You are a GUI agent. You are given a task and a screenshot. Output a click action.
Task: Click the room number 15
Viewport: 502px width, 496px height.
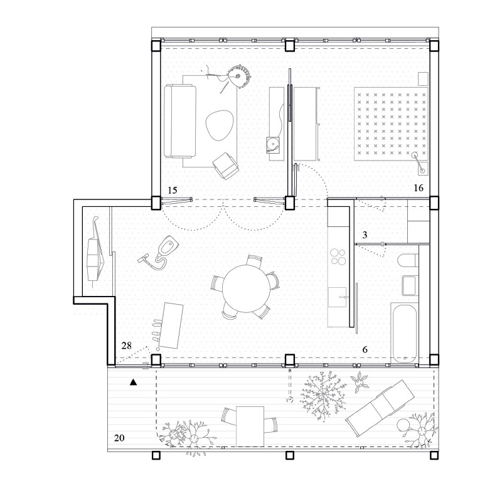(172, 191)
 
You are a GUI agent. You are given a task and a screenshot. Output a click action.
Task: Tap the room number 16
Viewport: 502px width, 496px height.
(419, 188)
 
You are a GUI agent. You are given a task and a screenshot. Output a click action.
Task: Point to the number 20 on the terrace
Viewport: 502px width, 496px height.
(119, 438)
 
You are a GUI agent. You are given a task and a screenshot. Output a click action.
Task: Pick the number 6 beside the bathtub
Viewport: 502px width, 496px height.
(365, 350)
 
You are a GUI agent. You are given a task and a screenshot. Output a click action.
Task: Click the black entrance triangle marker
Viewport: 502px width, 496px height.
(133, 382)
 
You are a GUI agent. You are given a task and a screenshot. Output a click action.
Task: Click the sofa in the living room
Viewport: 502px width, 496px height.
(179, 121)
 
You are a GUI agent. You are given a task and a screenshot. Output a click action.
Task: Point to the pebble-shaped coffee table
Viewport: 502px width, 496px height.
(219, 126)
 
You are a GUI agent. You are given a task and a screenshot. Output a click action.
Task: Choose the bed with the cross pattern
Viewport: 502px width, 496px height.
(391, 124)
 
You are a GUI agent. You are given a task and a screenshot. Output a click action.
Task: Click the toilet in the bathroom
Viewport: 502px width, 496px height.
(407, 261)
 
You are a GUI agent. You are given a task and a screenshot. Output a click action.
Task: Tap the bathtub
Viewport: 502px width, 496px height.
(404, 333)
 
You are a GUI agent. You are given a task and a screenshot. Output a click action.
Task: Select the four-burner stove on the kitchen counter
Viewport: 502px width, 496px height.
(338, 256)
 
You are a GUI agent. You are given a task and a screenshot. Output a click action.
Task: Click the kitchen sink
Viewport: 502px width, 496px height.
(338, 297)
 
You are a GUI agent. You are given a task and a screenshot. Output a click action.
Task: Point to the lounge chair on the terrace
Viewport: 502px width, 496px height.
(380, 408)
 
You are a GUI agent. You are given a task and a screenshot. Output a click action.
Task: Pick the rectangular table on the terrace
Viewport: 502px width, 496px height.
(250, 426)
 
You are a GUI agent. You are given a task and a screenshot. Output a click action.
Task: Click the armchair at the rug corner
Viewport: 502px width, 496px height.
(226, 166)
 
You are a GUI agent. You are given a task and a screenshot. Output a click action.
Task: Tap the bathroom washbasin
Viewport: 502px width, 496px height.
(409, 285)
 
